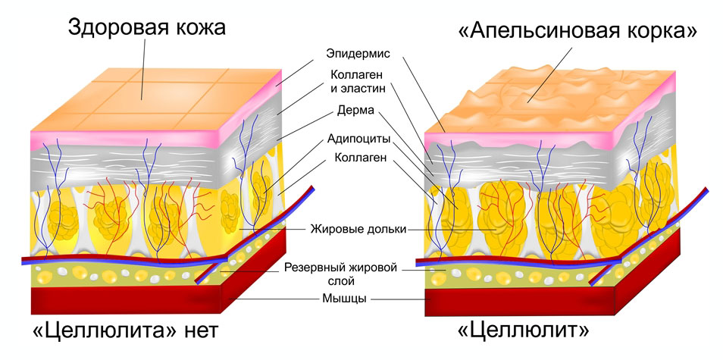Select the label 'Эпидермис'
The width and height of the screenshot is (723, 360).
coord(358,55)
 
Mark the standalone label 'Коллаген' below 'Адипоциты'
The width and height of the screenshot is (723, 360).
coord(358,158)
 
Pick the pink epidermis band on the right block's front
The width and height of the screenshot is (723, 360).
coord(515,141)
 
